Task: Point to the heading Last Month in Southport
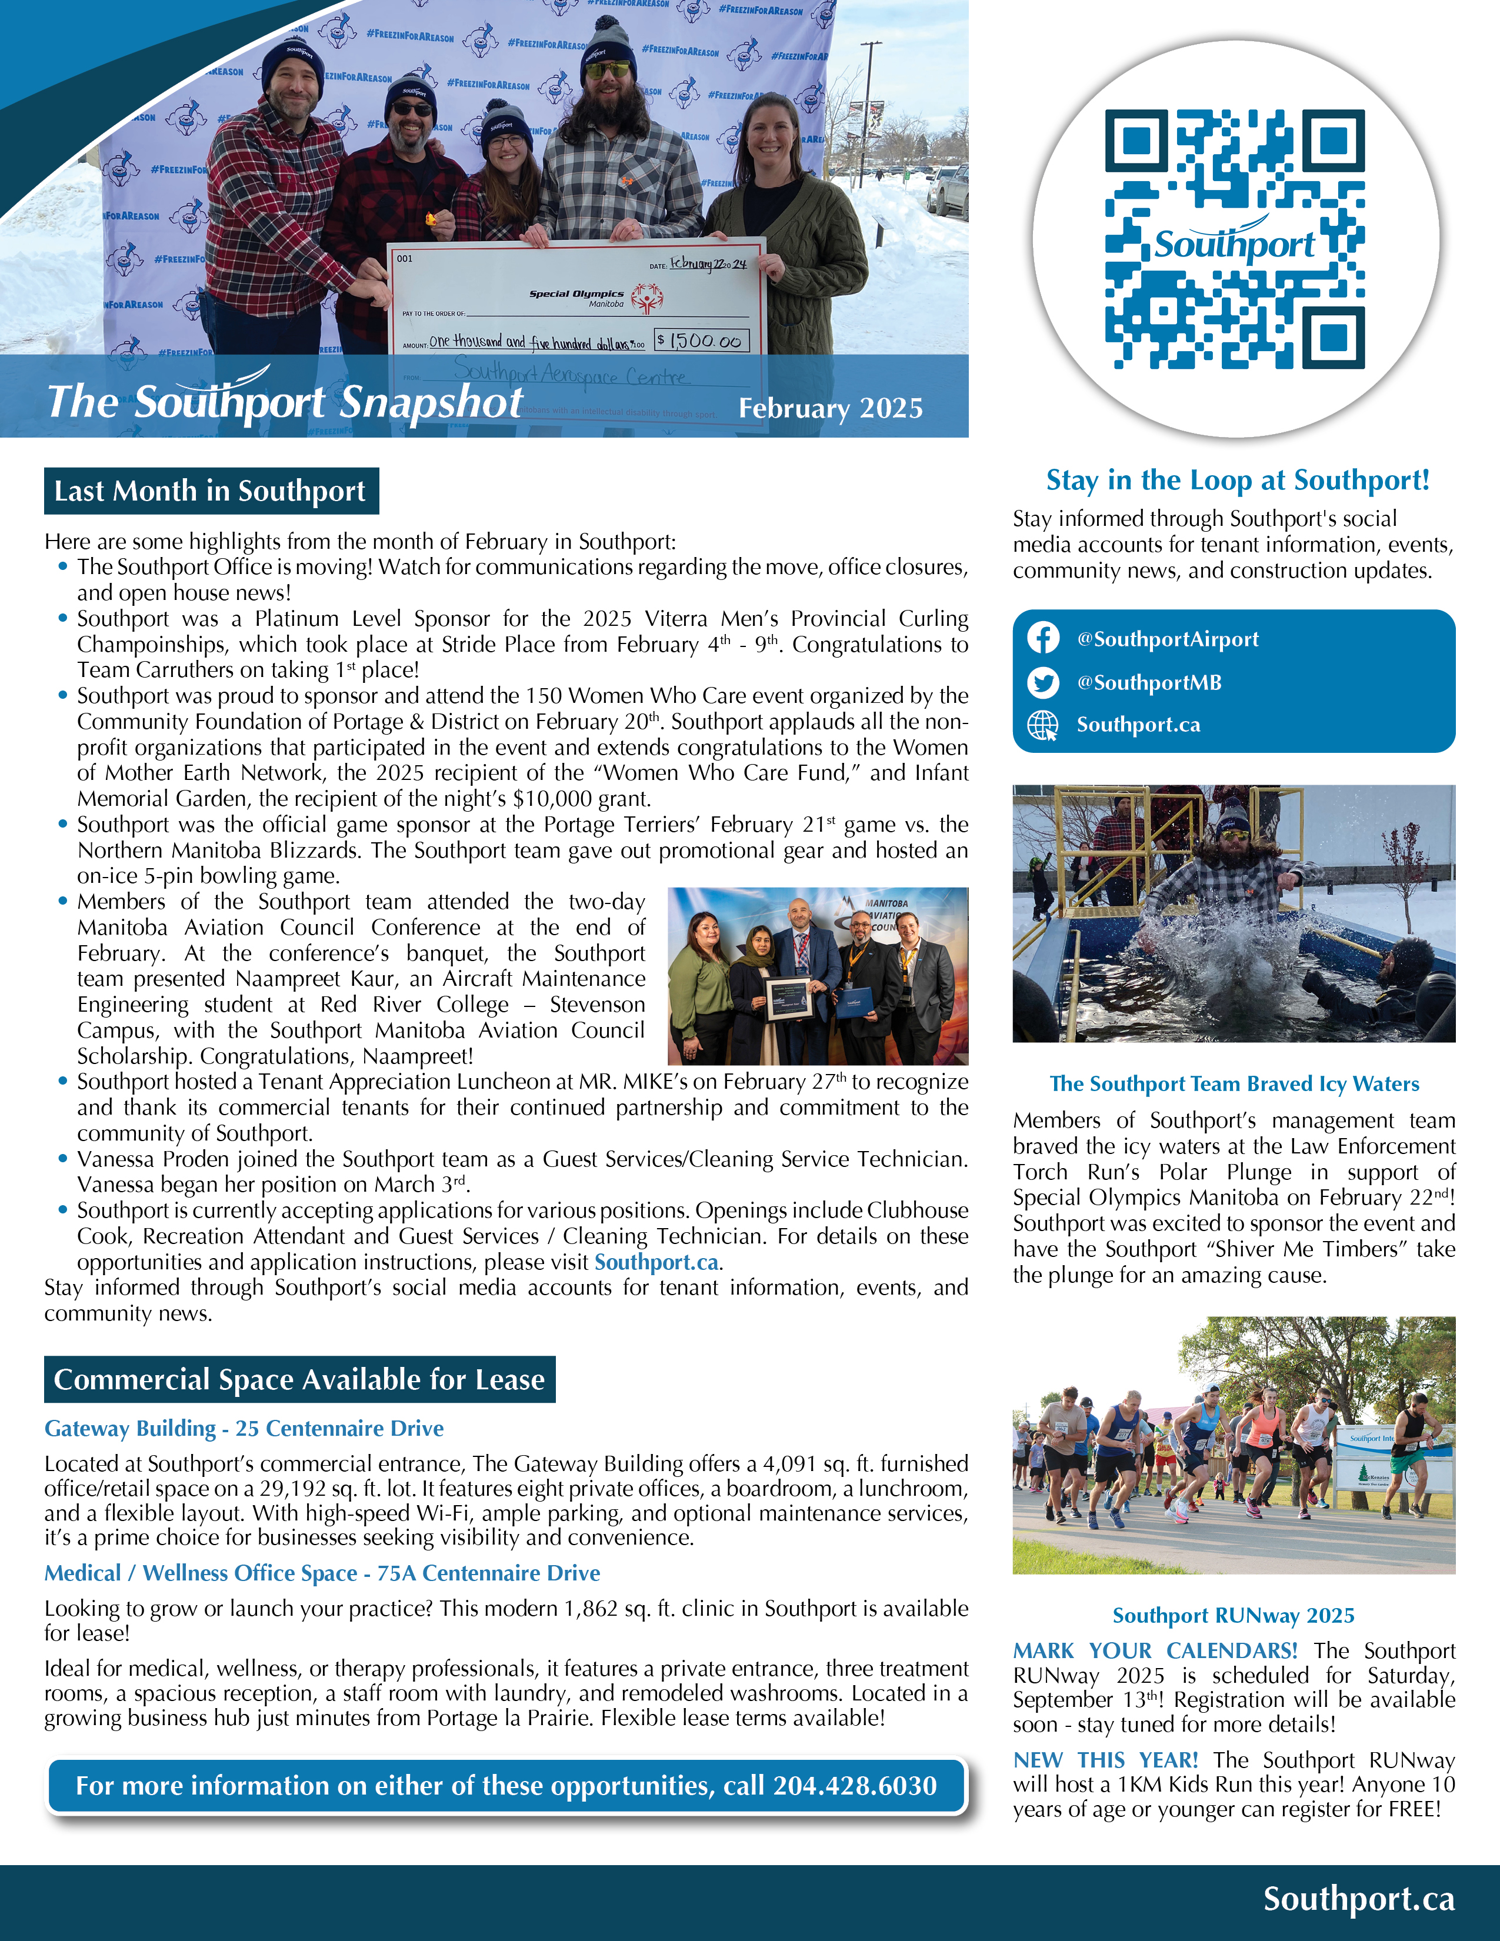click(x=211, y=491)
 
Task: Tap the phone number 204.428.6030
click(x=855, y=1786)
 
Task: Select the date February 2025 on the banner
click(x=830, y=408)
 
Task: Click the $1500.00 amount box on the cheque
click(x=702, y=341)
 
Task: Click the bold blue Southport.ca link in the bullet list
click(x=656, y=1262)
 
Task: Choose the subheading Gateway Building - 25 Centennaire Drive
click(x=244, y=1428)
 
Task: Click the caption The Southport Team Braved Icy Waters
click(x=1234, y=1083)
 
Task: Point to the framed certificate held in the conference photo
click(x=790, y=1000)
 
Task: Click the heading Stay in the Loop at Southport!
click(x=1237, y=480)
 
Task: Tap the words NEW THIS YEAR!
click(x=1105, y=1760)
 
